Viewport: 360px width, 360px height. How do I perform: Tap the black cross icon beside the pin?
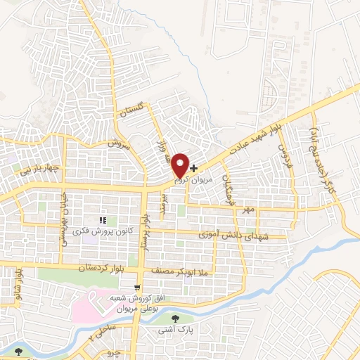pyautogui.click(x=194, y=169)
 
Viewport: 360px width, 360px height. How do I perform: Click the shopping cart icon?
pyautogui.click(x=138, y=288)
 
